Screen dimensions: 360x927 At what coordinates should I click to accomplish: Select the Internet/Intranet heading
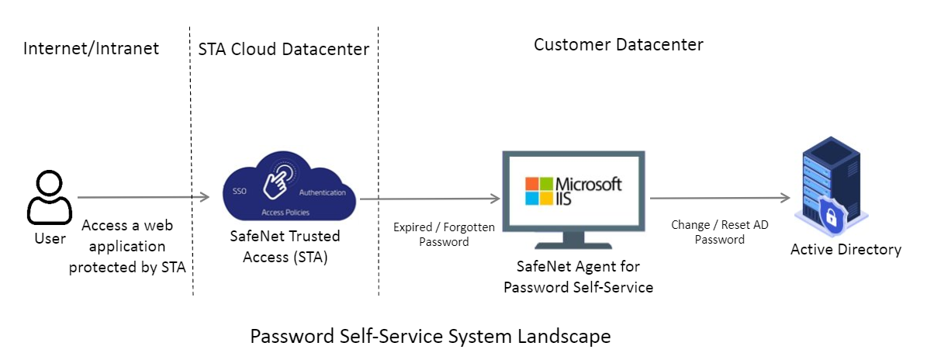click(91, 49)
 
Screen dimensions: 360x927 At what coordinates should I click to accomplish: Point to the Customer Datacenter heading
click(618, 45)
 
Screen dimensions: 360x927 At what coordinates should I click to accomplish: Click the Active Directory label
click(846, 250)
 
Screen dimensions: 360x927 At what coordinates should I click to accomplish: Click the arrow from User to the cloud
click(144, 197)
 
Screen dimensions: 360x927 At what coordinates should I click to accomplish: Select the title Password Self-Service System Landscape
click(430, 337)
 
